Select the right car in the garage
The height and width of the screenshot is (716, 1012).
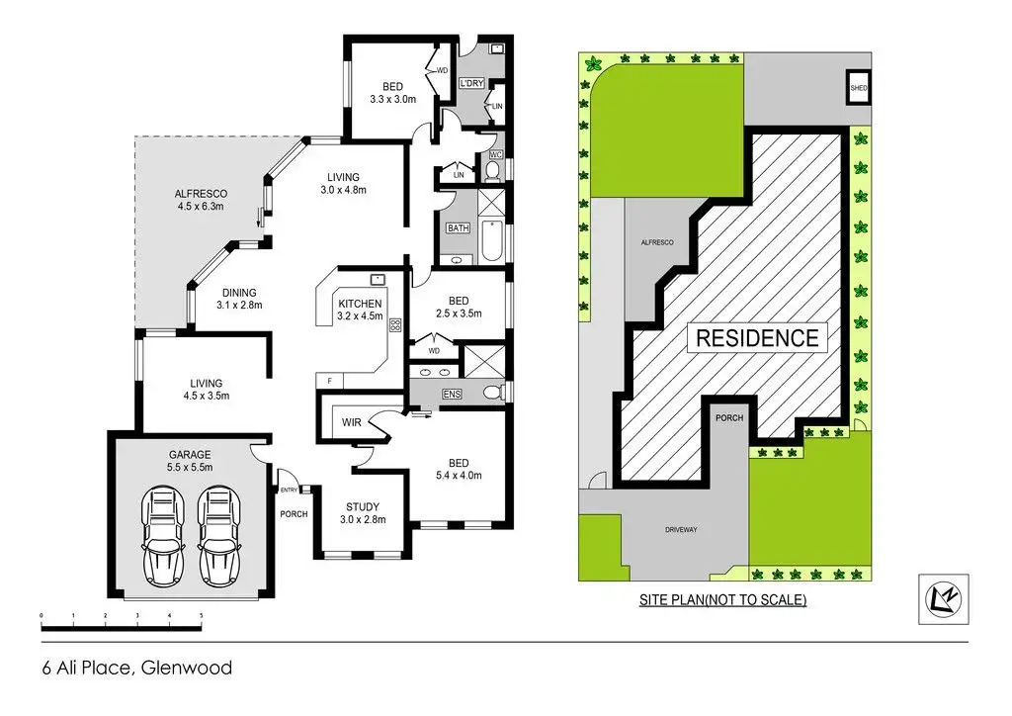[x=218, y=536]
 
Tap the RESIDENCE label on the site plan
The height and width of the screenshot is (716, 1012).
[x=758, y=337]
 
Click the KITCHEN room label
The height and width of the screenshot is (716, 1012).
[x=359, y=304]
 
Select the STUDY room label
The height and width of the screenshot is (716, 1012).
[x=363, y=505]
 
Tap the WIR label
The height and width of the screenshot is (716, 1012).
[x=352, y=422]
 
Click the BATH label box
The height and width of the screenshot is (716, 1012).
[x=458, y=228]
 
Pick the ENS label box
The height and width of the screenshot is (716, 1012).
[x=453, y=395]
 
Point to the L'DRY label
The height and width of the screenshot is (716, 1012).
[x=471, y=83]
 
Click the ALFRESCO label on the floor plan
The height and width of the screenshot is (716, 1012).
[x=201, y=193]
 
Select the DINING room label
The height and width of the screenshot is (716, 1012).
[x=238, y=293]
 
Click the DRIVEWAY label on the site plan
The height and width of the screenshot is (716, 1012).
[x=681, y=530]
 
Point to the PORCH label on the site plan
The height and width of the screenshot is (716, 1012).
[x=730, y=417]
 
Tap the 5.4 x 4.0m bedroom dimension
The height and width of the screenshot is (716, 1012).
[x=459, y=475]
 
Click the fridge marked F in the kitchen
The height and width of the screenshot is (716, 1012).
[x=328, y=381]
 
